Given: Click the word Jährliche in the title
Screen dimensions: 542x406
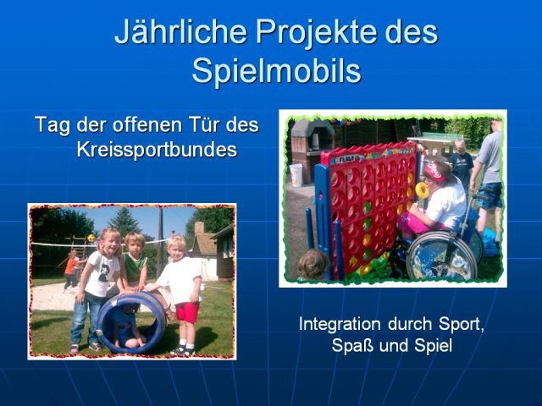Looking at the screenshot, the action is click(x=180, y=32).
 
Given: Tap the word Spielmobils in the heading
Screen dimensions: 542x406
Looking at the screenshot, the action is click(x=277, y=70).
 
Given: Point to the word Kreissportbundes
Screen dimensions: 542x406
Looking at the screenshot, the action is click(x=157, y=150).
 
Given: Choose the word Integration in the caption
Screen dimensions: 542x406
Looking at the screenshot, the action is click(x=340, y=324).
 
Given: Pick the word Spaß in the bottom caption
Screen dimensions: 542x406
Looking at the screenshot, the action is click(x=352, y=345).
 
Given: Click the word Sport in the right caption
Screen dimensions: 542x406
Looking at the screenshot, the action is click(x=461, y=324).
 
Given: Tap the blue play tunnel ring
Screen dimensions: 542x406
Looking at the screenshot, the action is click(x=131, y=322).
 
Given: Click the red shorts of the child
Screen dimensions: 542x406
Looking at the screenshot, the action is click(x=187, y=312).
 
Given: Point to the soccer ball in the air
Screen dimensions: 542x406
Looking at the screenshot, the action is click(x=91, y=238).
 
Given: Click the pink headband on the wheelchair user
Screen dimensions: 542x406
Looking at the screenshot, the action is click(x=434, y=172).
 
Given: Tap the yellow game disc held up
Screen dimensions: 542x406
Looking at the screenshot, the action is click(x=422, y=189).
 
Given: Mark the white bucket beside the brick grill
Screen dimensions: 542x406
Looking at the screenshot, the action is click(x=296, y=175).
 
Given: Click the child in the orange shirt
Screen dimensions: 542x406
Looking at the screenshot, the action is click(x=71, y=271).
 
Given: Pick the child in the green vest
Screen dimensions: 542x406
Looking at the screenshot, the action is click(x=135, y=262).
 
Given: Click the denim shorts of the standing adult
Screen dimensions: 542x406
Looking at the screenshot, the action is click(x=489, y=195).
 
